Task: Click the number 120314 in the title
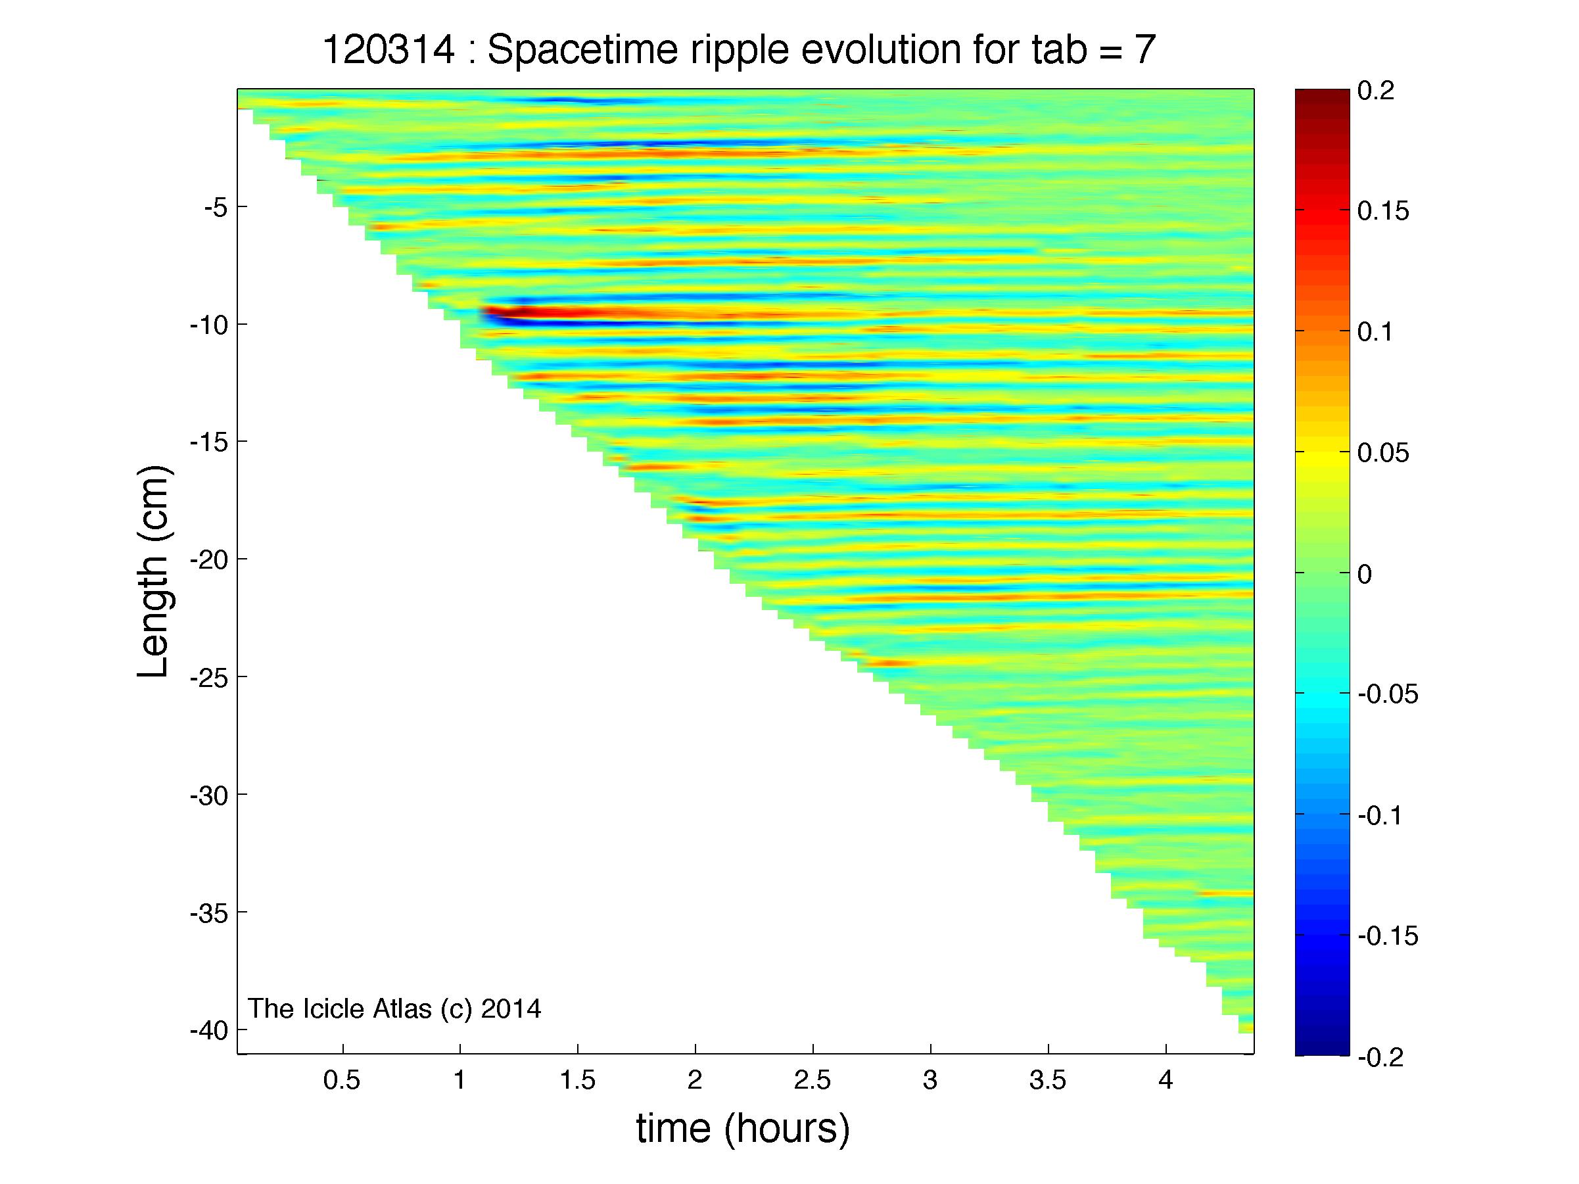pyautogui.click(x=389, y=50)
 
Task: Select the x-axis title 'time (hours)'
pyautogui.click(x=743, y=1129)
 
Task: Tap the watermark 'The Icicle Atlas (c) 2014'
pyautogui.click(x=394, y=1008)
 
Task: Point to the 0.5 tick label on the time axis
pyautogui.click(x=342, y=1081)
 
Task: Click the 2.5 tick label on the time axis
pyautogui.click(x=813, y=1081)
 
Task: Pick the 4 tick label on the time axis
pyautogui.click(x=1166, y=1081)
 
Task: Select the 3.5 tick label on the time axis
pyautogui.click(x=1048, y=1081)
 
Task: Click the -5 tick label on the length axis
pyautogui.click(x=215, y=208)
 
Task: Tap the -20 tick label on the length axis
pyautogui.click(x=208, y=559)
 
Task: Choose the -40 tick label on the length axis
pyautogui.click(x=208, y=1030)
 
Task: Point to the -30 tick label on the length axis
pyautogui.click(x=208, y=795)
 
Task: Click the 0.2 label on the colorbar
pyautogui.click(x=1376, y=91)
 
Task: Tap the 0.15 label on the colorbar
pyautogui.click(x=1383, y=211)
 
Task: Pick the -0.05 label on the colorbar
pyautogui.click(x=1388, y=694)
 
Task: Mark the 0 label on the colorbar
pyautogui.click(x=1364, y=574)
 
